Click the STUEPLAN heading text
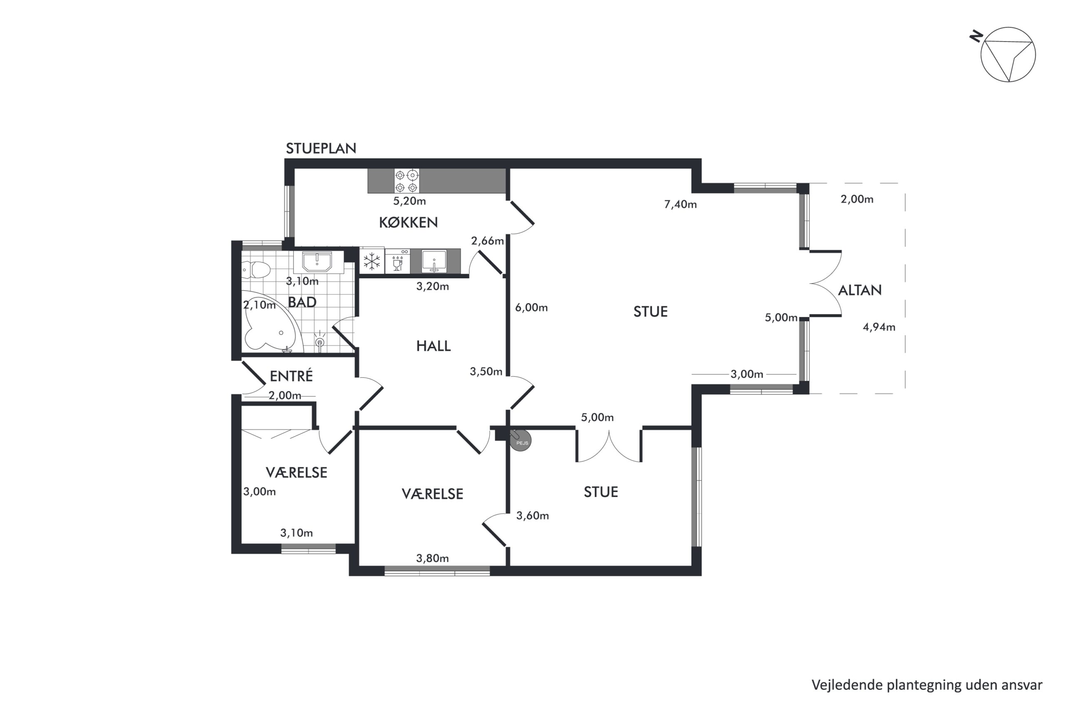click(321, 148)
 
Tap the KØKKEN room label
click(408, 223)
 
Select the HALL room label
click(433, 346)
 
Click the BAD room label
click(302, 302)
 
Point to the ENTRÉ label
click(291, 376)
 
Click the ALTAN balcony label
click(859, 290)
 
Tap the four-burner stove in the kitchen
click(406, 181)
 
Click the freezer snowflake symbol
click(372, 261)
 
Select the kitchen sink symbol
click(434, 261)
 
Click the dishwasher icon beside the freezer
click(398, 261)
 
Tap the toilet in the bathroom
click(257, 270)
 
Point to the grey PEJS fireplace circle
click(521, 440)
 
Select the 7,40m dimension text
click(680, 205)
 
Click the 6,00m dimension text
click(531, 308)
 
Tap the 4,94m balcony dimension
click(879, 327)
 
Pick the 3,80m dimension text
click(432, 558)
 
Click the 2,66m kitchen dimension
click(487, 241)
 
